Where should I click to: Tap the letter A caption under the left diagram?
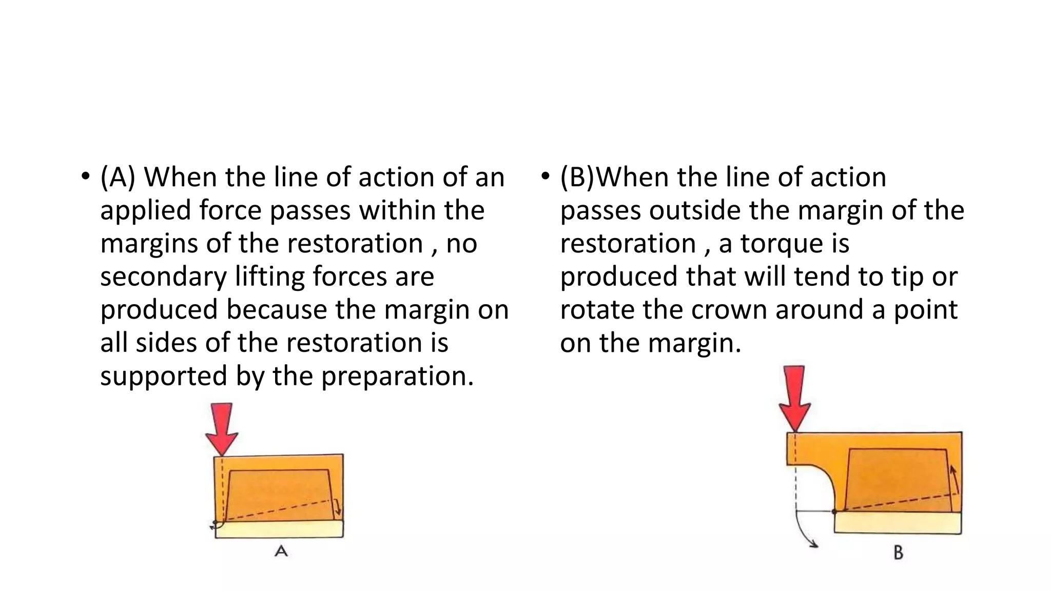pos(281,551)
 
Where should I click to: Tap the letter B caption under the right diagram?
pos(898,553)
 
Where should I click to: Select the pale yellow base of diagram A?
pos(279,529)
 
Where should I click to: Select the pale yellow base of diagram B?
pos(898,523)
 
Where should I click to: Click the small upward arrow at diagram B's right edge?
pos(954,479)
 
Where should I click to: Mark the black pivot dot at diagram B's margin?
pos(834,511)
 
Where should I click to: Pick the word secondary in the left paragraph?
pos(163,277)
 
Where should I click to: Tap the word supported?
pos(164,377)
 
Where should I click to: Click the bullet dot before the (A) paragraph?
pos(85,178)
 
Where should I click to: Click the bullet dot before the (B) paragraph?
pos(545,178)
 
